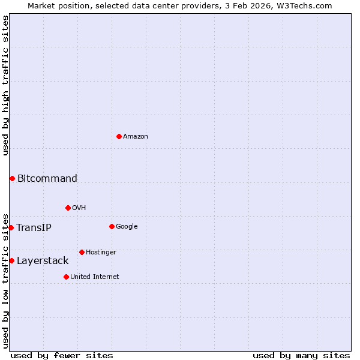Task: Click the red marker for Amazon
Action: [119, 136]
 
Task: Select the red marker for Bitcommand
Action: [12, 178]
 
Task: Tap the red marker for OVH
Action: [68, 208]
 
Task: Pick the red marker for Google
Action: [112, 226]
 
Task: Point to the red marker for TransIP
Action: [11, 227]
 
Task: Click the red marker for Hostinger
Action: [82, 252]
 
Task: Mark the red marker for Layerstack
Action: [11, 260]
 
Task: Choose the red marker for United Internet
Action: [66, 277]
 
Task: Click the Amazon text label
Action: [136, 136]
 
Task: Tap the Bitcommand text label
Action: [47, 178]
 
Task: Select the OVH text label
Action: [79, 208]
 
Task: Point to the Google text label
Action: [127, 226]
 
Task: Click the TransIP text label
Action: [34, 227]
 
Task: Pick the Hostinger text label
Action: [101, 252]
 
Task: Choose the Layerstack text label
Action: [43, 260]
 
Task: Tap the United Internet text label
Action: [95, 277]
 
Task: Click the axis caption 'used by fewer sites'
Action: [62, 355]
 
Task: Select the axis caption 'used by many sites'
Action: [301, 355]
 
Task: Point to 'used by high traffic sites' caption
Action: [5, 85]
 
